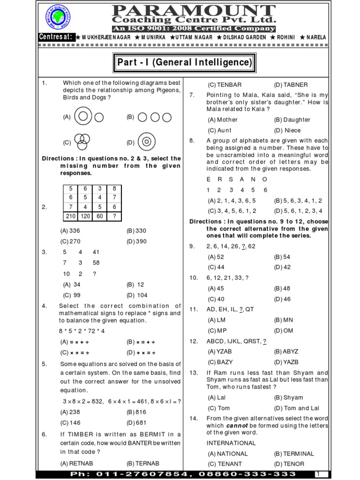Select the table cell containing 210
click(x=71, y=216)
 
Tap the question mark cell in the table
click(x=114, y=216)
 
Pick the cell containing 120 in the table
click(x=85, y=216)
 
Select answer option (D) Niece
click(x=287, y=130)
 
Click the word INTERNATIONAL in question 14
click(x=231, y=443)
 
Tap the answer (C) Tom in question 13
click(x=219, y=408)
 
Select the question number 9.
click(x=192, y=246)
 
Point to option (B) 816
click(x=136, y=412)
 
